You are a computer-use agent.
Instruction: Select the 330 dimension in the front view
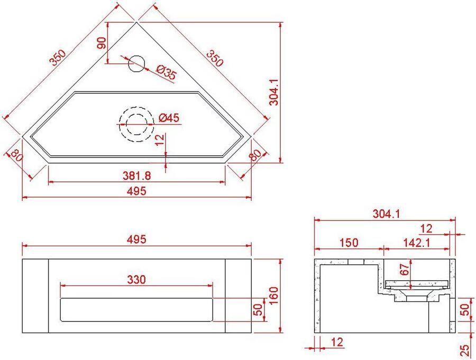pos(136,279)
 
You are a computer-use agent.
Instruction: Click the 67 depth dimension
pos(405,269)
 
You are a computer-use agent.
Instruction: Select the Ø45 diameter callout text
pos(169,118)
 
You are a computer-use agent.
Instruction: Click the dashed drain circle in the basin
pos(136,125)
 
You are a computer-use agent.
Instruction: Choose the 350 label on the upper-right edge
pos(215,58)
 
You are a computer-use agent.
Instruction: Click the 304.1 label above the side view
pos(385,214)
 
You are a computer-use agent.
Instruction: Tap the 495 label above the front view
pos(136,239)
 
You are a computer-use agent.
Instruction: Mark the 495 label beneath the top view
pos(136,191)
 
